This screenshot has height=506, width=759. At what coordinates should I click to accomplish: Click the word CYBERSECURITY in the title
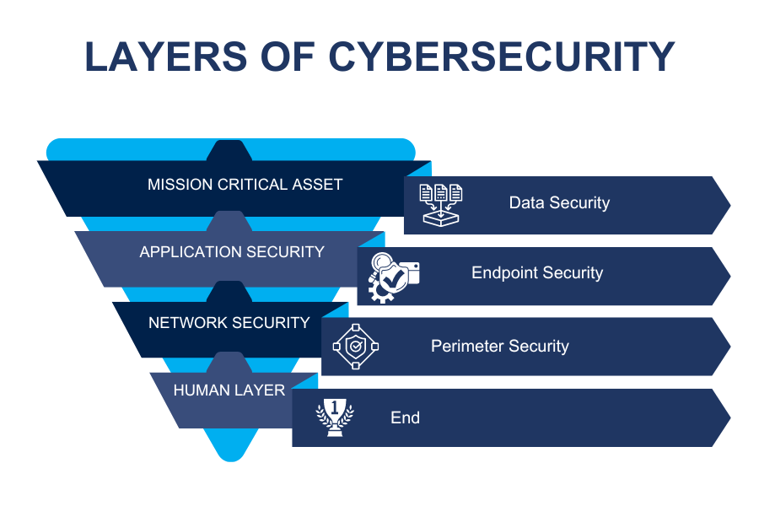point(502,57)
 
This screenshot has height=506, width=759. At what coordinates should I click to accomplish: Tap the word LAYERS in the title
point(166,57)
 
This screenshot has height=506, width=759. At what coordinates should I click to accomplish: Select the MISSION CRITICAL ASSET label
point(245,185)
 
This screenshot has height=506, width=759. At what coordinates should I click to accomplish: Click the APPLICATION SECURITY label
point(232,252)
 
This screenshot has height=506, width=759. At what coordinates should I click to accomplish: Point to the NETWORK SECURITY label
point(229,322)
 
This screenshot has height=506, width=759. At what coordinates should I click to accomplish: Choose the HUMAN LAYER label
point(229,390)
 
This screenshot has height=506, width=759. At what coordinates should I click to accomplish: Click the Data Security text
point(559,202)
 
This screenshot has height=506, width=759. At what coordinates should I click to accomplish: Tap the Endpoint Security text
point(537,272)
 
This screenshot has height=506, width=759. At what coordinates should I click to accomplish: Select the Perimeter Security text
point(500,346)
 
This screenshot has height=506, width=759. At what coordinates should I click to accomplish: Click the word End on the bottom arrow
point(405,417)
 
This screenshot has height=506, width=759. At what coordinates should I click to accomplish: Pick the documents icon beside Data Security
point(440,205)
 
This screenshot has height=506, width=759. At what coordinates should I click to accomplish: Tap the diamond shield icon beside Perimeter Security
point(356,347)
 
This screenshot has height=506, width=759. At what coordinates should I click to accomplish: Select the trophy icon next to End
point(335,417)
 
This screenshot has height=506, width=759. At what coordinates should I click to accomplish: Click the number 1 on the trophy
point(335,407)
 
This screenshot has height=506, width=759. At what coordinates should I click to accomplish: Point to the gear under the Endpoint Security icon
point(380,292)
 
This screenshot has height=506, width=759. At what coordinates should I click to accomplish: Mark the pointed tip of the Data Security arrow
point(730,205)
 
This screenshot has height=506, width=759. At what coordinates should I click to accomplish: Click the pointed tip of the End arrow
point(730,418)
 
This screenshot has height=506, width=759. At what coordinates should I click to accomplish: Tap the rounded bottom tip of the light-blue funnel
point(231,460)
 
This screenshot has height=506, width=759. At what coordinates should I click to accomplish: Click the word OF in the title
point(288,57)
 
